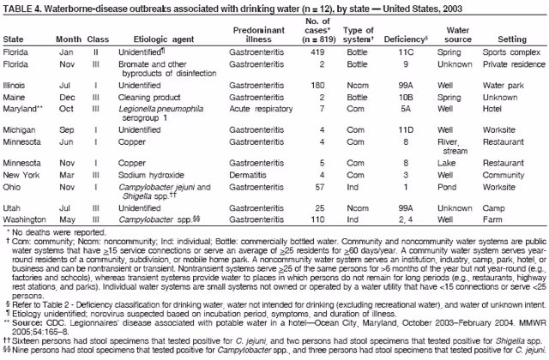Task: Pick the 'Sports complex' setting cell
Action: pyautogui.click(x=510, y=51)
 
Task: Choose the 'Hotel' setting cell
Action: pyautogui.click(x=493, y=110)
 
